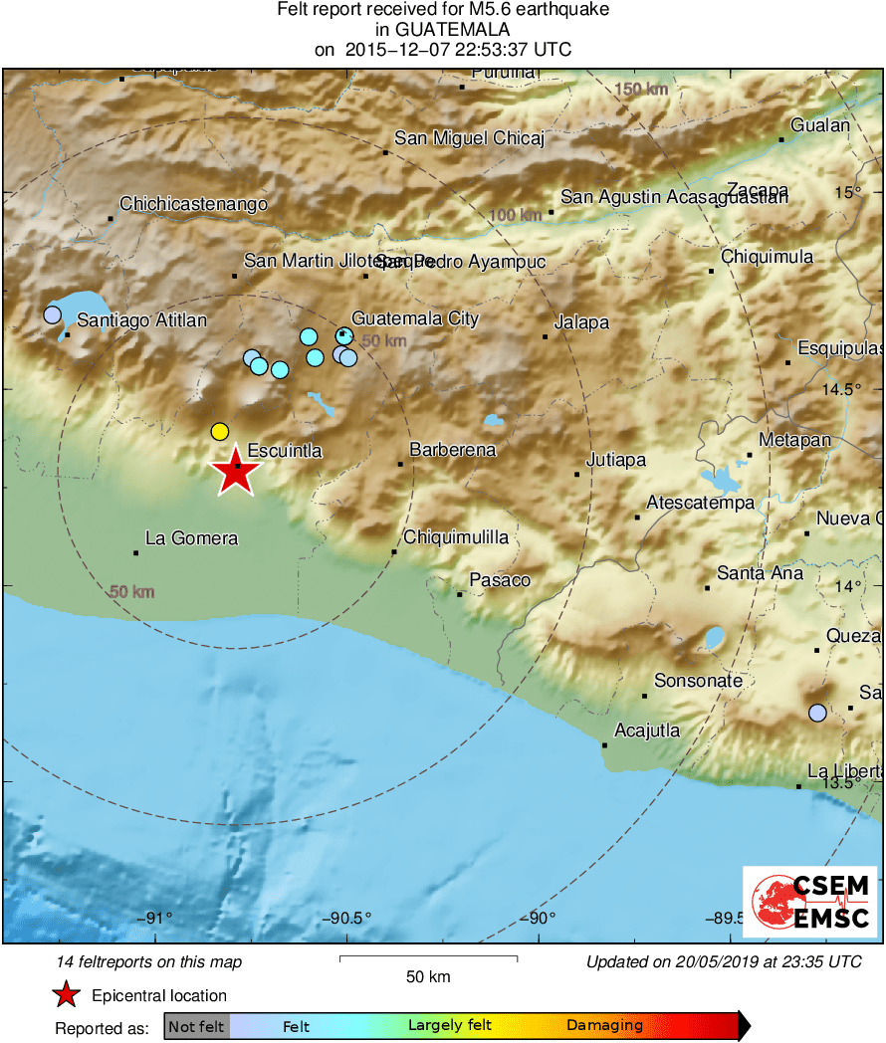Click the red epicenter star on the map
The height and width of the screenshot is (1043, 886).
(235, 472)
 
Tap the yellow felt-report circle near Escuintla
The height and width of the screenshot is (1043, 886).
(220, 431)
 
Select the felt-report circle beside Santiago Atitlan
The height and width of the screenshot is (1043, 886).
(53, 315)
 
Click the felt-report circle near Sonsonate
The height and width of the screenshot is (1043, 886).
(817, 713)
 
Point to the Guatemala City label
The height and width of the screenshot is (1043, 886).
(415, 319)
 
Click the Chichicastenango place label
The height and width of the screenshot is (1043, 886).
(193, 204)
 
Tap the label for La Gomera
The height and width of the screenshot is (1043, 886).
(191, 538)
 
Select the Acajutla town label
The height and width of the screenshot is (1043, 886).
(647, 730)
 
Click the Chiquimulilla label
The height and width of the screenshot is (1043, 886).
(456, 537)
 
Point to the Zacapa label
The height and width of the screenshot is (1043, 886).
(758, 190)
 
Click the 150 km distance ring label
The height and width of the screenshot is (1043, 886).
(641, 90)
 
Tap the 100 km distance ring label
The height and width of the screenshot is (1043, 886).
(517, 215)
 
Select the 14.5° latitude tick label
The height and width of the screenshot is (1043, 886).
(848, 389)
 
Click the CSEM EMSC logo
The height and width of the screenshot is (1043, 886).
(809, 901)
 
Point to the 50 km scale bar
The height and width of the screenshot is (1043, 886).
(428, 958)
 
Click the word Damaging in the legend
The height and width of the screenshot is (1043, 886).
(604, 1025)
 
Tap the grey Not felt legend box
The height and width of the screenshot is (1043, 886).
(196, 1025)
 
